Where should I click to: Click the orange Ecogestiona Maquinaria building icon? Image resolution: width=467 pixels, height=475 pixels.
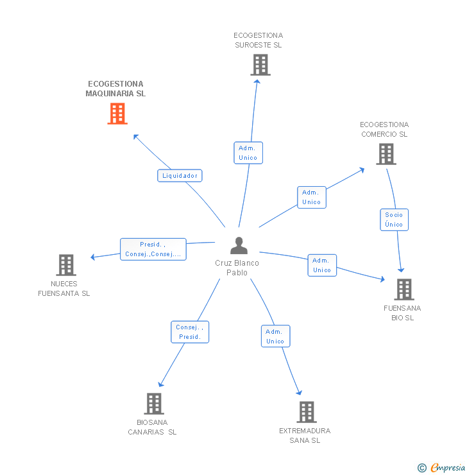tap(117, 114)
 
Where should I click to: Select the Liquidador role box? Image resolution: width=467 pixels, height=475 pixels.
tap(180, 176)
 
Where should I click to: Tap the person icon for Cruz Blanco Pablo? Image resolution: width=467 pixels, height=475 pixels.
tap(239, 245)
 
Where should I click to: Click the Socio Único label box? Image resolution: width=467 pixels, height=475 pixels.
tap(394, 220)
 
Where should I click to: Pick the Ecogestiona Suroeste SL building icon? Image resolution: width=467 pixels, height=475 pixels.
tap(260, 65)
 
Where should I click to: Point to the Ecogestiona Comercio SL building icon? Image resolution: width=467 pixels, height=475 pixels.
tap(386, 154)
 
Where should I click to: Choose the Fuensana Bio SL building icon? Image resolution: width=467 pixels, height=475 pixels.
tap(404, 289)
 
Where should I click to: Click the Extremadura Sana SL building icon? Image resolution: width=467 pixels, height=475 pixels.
tap(307, 412)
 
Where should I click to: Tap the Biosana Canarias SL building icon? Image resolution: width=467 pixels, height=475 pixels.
tap(154, 404)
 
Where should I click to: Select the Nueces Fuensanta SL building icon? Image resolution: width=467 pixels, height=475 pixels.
tap(66, 265)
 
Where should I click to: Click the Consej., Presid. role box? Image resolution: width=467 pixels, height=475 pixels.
tap(190, 332)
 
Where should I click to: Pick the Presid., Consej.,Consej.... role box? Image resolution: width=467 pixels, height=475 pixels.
tap(153, 249)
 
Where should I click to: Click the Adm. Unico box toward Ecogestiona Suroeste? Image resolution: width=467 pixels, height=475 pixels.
tap(248, 153)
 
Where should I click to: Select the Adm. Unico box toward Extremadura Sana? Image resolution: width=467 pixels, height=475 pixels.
tap(275, 336)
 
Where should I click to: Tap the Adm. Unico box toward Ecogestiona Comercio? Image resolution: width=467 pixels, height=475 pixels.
tap(312, 197)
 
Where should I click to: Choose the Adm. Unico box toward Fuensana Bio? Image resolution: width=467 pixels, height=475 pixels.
tap(322, 265)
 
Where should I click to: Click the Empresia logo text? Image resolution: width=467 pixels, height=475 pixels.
tap(448, 468)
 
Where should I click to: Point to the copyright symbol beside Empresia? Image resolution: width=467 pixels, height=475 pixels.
tap(422, 468)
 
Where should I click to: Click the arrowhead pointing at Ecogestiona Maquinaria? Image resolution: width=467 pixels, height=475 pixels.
tap(135, 137)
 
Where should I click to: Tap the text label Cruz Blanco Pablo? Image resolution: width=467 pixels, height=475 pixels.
tap(237, 268)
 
